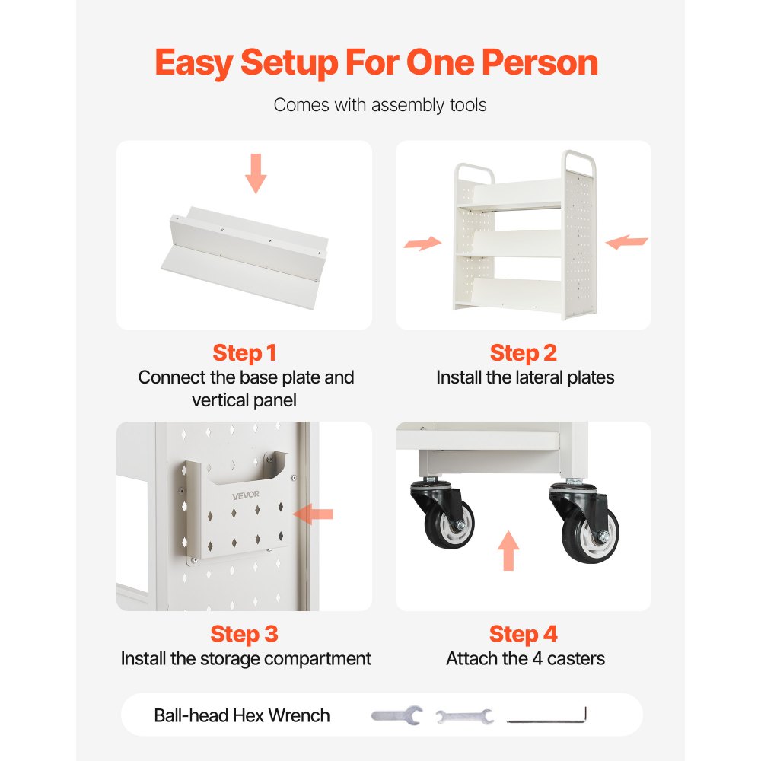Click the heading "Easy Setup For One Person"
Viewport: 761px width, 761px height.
[376, 63]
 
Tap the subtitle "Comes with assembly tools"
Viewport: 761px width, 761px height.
[380, 105]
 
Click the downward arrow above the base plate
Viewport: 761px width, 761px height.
[256, 174]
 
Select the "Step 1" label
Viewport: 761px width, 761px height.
[244, 353]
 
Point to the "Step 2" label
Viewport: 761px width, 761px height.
[524, 353]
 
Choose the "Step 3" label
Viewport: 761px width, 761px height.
[244, 634]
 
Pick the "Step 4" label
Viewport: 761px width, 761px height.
[524, 634]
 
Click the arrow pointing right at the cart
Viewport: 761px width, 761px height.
[422, 243]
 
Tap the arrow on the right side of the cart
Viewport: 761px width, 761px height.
[626, 241]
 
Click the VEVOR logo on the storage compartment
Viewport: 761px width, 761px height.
[246, 495]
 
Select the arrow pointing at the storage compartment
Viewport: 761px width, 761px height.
[314, 514]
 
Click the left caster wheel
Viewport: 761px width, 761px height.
[448, 524]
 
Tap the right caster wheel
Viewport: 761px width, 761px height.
[591, 535]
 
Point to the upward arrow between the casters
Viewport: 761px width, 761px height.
[508, 550]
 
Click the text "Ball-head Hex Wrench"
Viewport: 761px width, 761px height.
[242, 715]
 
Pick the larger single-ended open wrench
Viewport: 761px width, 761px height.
[397, 715]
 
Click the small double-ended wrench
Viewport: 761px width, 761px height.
[464, 716]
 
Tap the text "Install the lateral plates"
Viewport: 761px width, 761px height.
[525, 377]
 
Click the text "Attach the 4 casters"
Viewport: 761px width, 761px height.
[525, 658]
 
